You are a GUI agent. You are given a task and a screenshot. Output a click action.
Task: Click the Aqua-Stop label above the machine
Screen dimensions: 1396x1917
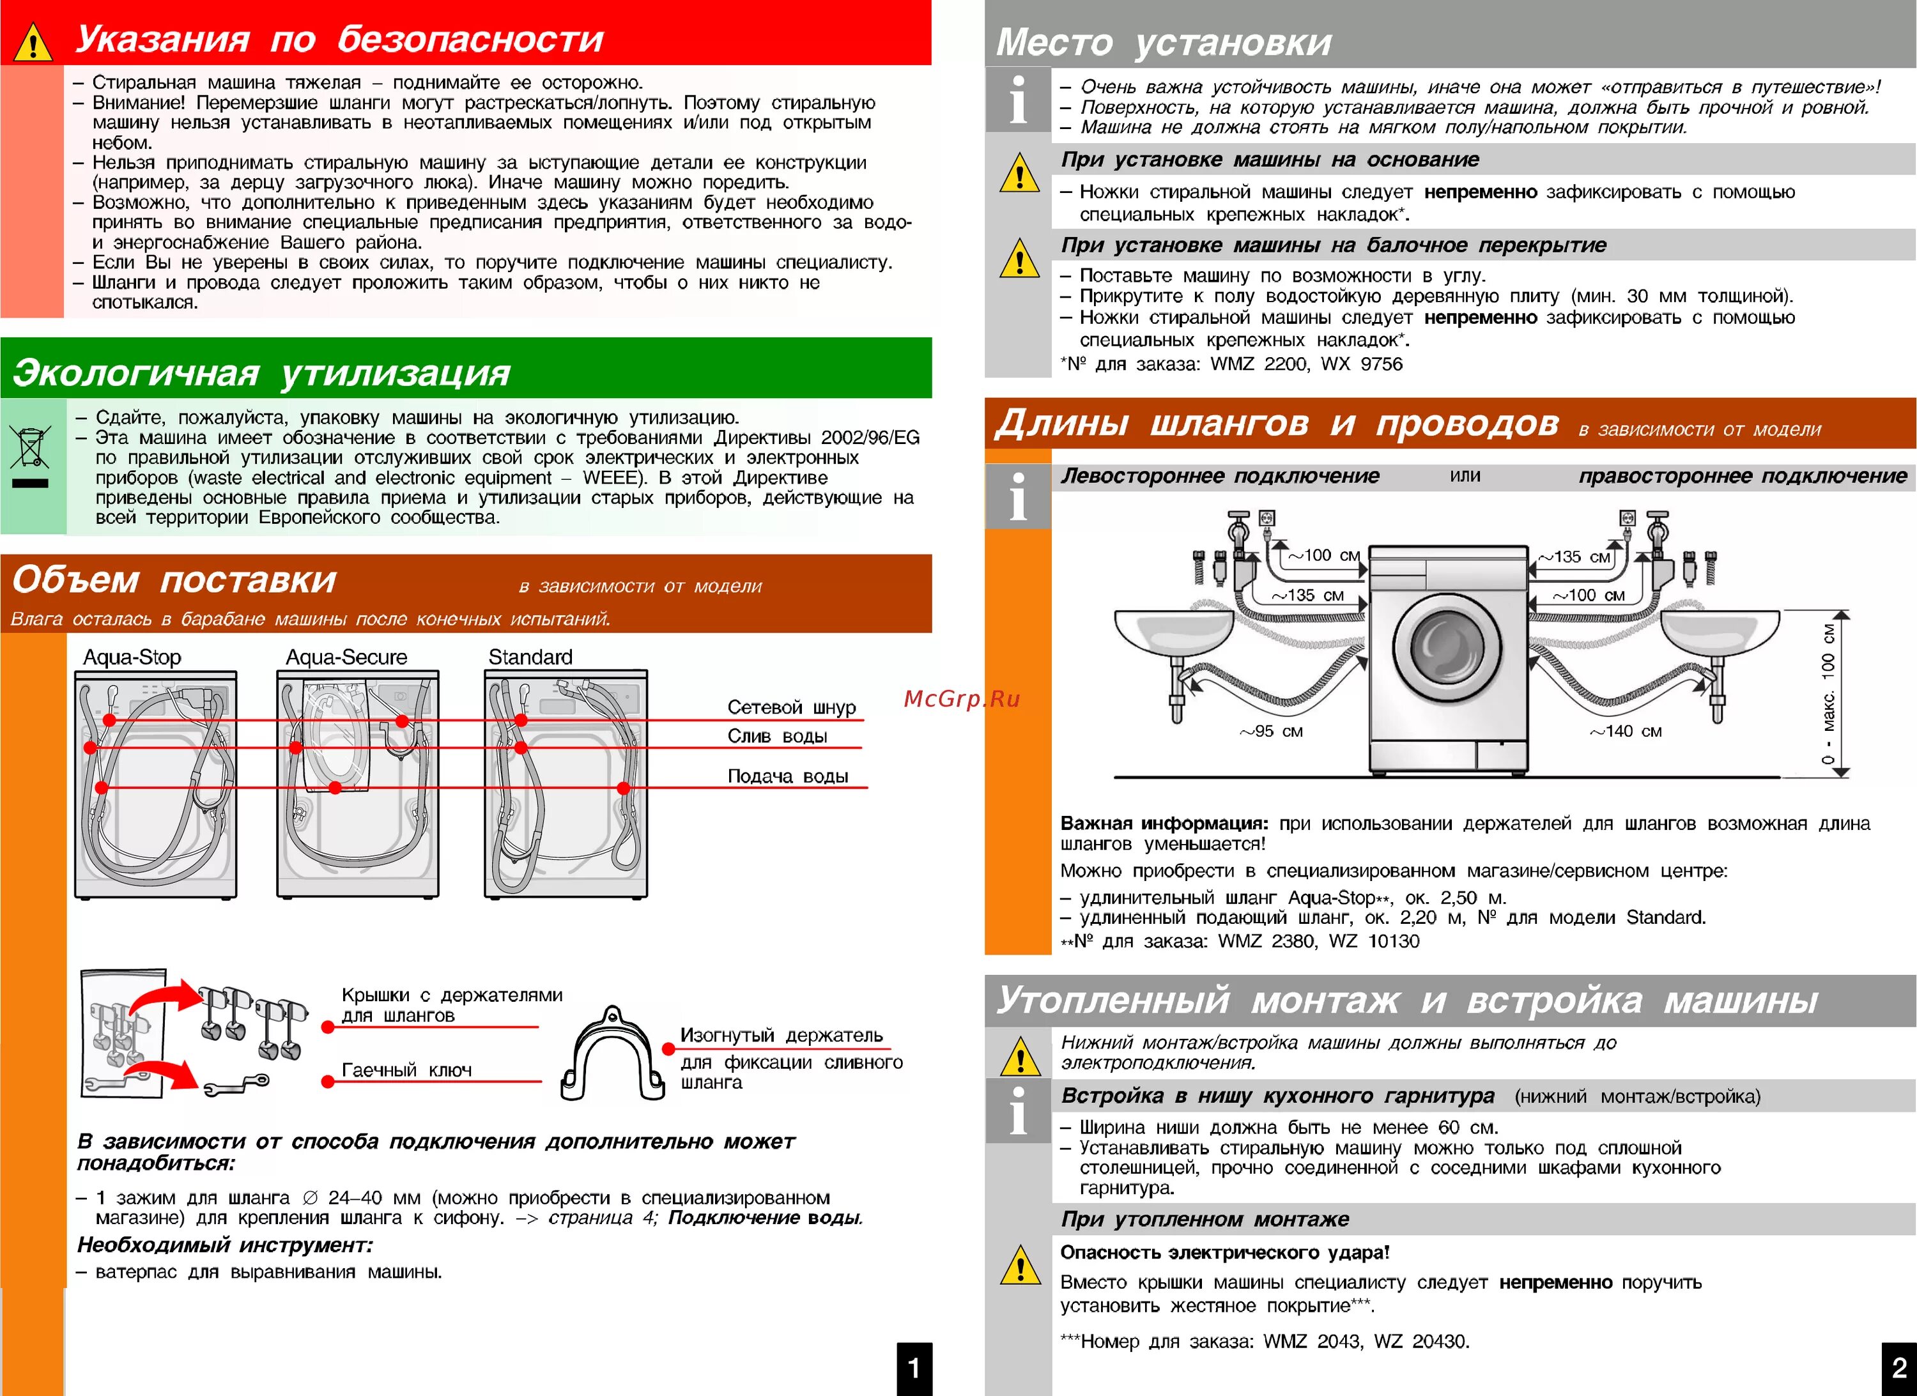(132, 657)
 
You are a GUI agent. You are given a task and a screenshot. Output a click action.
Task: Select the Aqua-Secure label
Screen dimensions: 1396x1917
(346, 657)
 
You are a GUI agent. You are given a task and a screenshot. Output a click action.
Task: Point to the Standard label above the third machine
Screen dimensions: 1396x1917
(530, 657)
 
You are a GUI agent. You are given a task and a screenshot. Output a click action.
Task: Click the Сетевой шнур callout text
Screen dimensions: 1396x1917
(791, 707)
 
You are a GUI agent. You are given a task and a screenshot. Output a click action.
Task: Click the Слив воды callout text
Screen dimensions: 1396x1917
(777, 736)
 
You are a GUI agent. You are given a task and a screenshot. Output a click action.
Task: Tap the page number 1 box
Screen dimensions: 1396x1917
(914, 1367)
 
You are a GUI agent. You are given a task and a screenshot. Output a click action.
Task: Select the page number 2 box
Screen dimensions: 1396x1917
(1898, 1367)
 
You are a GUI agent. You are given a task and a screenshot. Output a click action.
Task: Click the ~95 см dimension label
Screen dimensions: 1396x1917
(1271, 731)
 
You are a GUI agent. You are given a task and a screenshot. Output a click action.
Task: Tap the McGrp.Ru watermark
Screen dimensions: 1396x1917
(962, 699)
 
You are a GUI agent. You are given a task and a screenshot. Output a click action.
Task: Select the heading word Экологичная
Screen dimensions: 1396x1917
(135, 372)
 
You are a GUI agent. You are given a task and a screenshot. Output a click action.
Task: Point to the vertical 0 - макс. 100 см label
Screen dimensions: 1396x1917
(1828, 693)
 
